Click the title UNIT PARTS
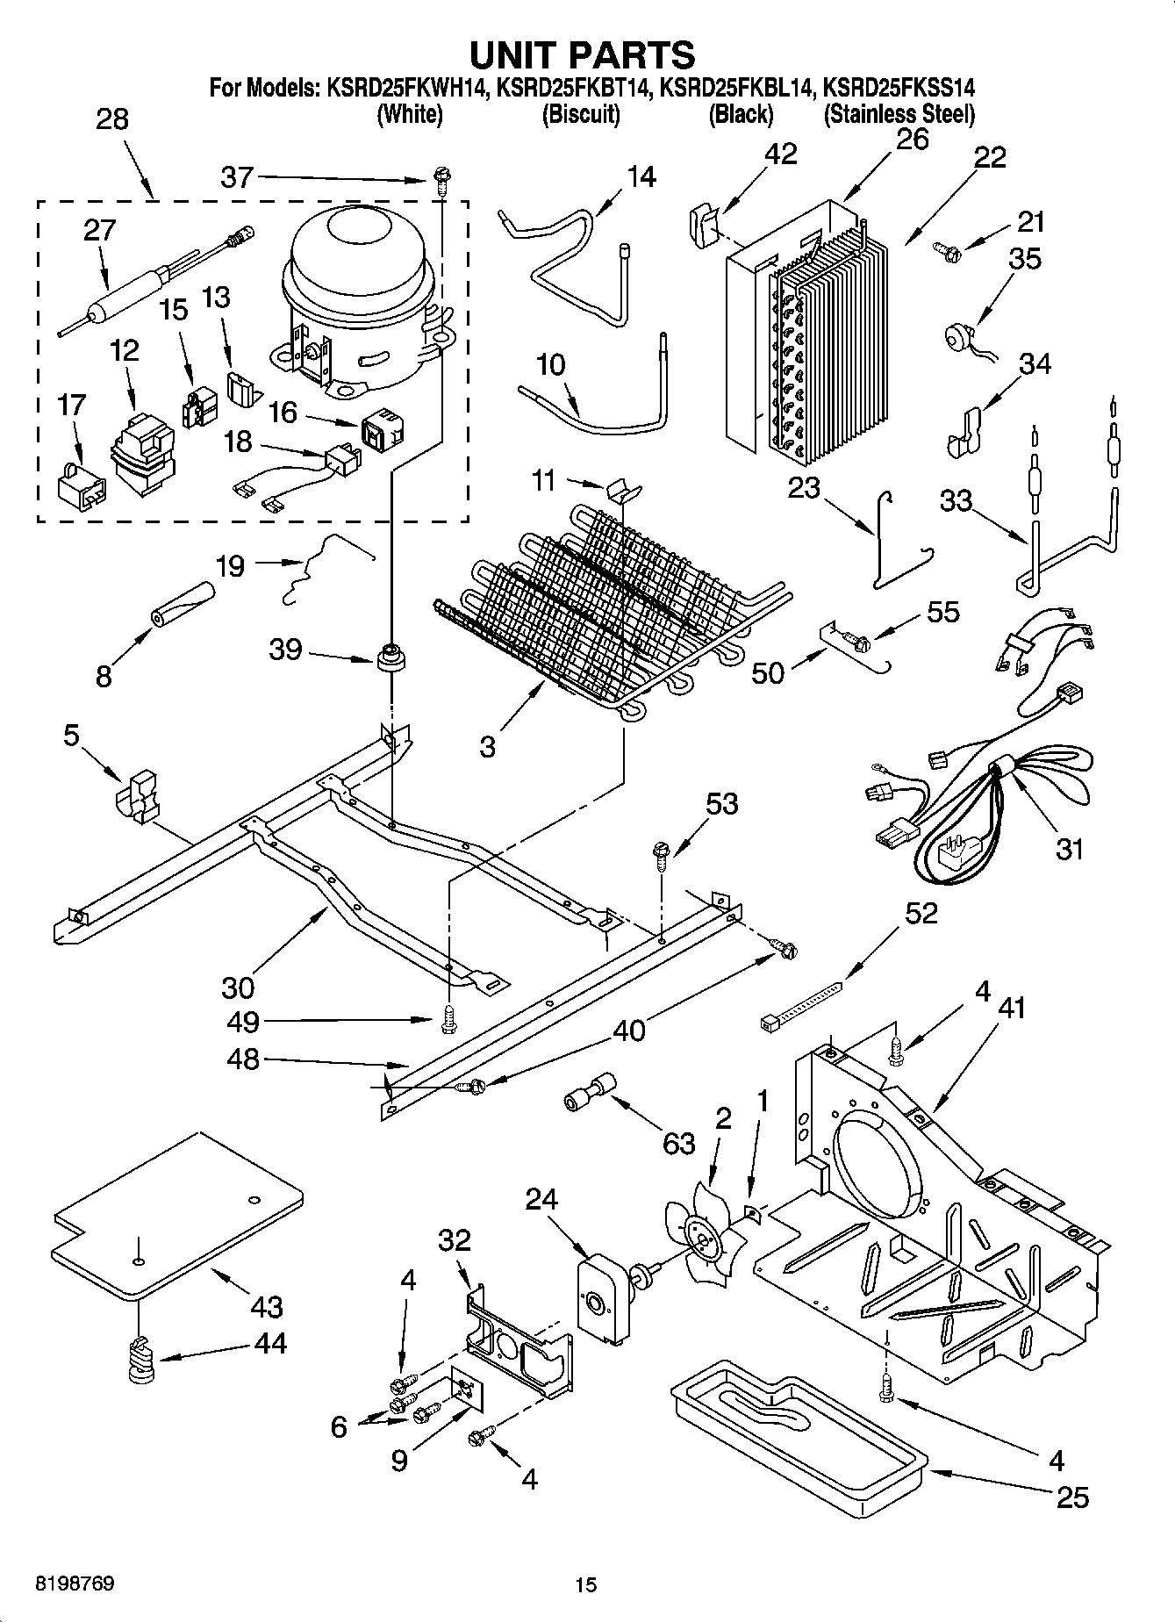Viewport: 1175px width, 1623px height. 583,54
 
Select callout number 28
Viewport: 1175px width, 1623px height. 111,119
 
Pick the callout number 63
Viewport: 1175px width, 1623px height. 678,1144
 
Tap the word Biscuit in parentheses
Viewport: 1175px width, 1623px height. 581,114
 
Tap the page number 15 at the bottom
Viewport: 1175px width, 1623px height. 585,1584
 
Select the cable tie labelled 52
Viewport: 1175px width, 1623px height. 799,1007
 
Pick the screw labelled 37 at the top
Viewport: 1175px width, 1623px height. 441,182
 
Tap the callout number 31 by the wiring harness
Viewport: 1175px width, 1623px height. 1068,849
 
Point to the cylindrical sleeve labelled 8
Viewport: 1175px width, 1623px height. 180,604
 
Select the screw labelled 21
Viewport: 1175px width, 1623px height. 948,251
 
